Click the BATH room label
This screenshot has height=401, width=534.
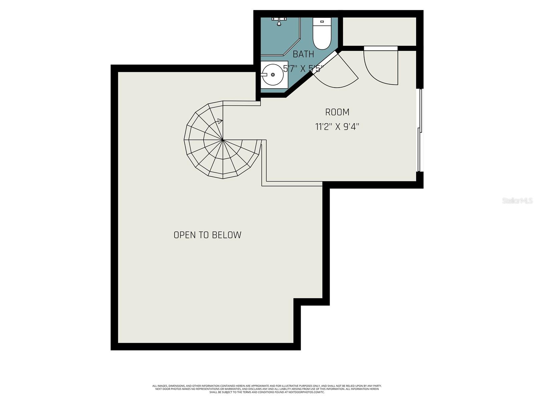[x=303, y=54]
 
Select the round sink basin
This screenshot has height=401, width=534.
[x=273, y=75]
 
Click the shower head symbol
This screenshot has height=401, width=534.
[x=279, y=21]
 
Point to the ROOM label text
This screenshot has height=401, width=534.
[x=337, y=112]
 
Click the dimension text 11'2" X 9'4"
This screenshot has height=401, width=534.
[x=337, y=127]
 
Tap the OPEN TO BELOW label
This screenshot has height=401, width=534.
[x=207, y=235]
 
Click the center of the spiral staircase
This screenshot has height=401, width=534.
[x=223, y=140]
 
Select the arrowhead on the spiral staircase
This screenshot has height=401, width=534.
[x=220, y=121]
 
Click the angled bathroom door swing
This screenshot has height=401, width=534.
[x=337, y=72]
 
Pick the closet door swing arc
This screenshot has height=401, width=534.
[x=380, y=69]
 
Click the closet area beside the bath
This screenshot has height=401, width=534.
[x=379, y=31]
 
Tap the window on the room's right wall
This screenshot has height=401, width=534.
[x=421, y=130]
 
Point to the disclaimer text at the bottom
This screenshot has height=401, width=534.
[x=267, y=389]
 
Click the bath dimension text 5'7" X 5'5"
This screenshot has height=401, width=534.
[x=303, y=69]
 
